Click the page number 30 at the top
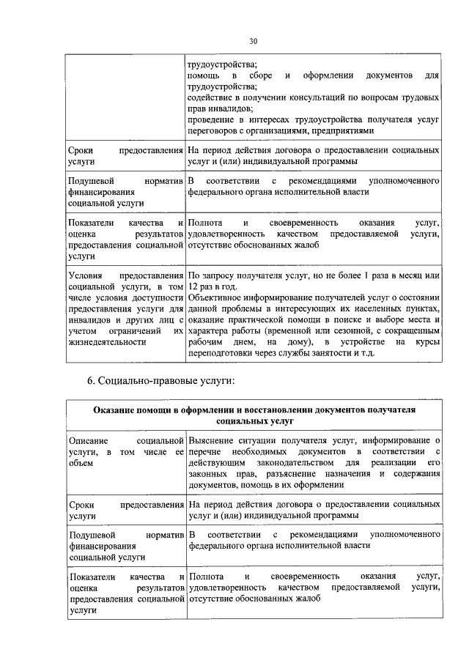[x=253, y=41]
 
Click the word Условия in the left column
[x=85, y=274]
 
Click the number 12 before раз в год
[x=193, y=286]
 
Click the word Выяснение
[x=213, y=440]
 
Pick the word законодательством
[x=284, y=463]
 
